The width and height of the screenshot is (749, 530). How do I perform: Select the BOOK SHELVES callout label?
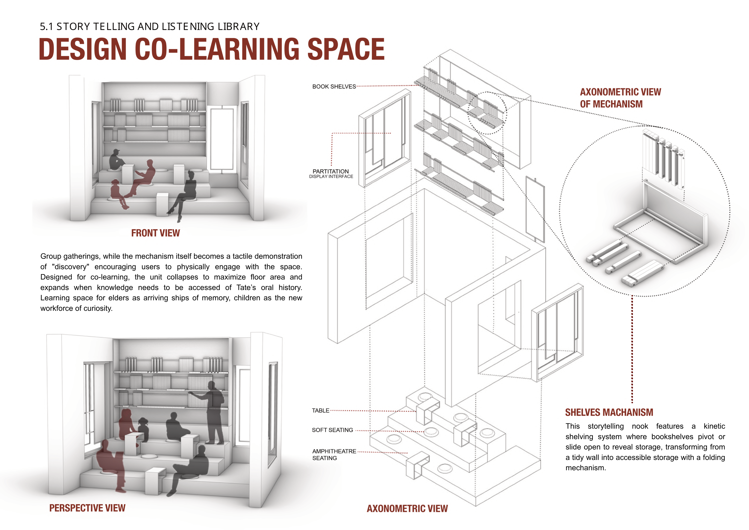(x=334, y=87)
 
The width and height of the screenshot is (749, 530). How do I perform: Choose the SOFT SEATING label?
(x=332, y=430)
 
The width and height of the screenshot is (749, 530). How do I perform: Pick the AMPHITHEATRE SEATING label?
(x=334, y=454)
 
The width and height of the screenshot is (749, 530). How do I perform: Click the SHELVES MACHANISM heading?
(x=609, y=412)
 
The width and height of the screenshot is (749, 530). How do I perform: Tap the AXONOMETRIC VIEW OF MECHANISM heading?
(x=620, y=98)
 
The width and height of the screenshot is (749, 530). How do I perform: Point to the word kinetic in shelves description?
(x=714, y=426)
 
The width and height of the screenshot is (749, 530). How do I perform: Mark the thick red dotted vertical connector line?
(x=632, y=349)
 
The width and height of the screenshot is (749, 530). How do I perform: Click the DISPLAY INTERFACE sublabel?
(x=331, y=177)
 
